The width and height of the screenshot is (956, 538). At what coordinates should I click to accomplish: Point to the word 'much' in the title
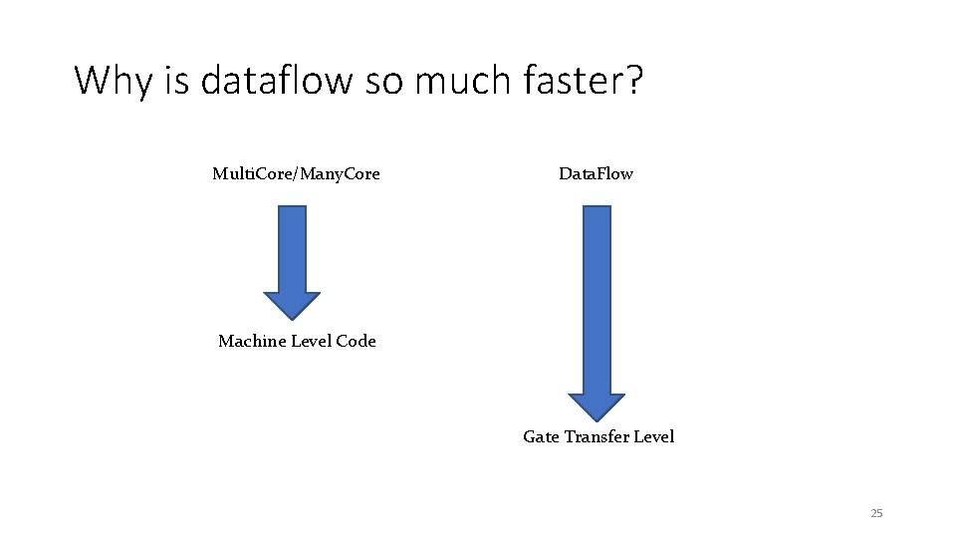click(x=459, y=81)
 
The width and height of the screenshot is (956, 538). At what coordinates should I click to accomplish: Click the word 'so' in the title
click(x=383, y=81)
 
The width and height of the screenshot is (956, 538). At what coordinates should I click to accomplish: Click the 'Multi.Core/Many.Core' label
click(x=296, y=174)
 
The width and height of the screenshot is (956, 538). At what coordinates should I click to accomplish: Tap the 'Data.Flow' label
click(x=596, y=174)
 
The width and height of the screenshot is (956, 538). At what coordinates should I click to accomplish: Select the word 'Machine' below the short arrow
click(x=252, y=341)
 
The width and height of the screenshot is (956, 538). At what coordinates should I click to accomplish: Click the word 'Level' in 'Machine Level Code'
click(x=313, y=341)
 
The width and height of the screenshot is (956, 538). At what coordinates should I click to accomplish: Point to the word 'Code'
click(x=357, y=341)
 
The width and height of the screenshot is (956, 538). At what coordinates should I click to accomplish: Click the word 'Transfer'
click(x=595, y=436)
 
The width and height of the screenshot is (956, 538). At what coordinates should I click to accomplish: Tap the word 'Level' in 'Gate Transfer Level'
click(x=652, y=436)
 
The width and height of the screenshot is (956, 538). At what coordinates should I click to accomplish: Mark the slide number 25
click(x=876, y=513)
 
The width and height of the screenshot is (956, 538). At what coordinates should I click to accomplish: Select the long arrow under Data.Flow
click(x=596, y=299)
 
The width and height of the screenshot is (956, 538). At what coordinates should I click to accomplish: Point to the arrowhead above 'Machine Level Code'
click(x=292, y=305)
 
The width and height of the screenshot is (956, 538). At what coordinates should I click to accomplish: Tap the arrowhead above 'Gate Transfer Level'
click(x=596, y=406)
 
